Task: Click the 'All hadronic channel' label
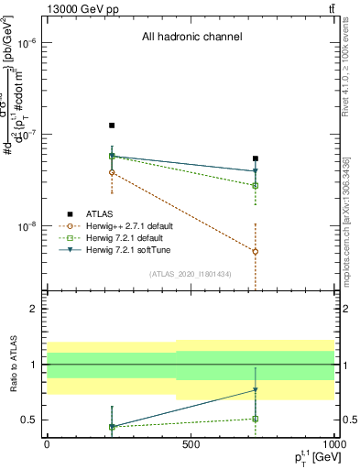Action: click(191, 38)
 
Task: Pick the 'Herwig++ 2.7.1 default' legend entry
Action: click(128, 226)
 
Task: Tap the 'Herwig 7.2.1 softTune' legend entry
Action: click(127, 249)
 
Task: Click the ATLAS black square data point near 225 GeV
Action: click(112, 125)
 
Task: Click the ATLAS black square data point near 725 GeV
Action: click(256, 158)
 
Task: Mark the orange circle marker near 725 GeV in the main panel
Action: click(256, 251)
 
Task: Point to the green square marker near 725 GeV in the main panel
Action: click(256, 185)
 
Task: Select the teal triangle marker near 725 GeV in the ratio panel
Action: click(256, 390)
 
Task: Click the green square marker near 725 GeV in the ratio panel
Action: click(256, 419)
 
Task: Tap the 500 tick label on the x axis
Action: click(191, 443)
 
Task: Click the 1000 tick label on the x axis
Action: click(333, 443)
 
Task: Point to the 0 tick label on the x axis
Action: click(47, 443)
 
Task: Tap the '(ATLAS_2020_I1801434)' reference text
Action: click(191, 274)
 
